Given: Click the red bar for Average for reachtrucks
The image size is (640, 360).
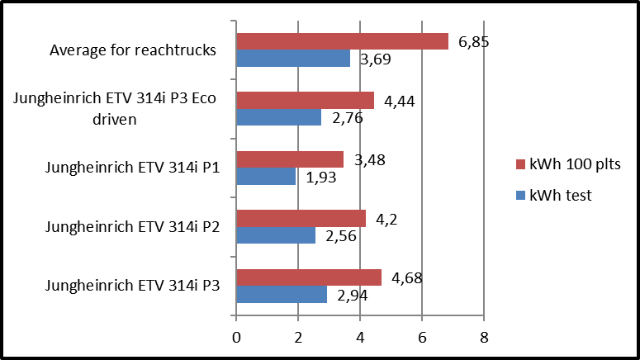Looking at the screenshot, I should [x=342, y=41].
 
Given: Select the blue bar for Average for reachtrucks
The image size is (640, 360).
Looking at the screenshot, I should [x=293, y=59].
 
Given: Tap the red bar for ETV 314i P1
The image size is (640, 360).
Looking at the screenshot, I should [x=290, y=159].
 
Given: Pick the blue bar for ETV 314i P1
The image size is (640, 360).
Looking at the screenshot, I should [x=266, y=177].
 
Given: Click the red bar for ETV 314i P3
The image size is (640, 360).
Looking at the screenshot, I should [x=309, y=277].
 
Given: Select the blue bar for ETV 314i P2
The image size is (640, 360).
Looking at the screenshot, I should [x=276, y=235].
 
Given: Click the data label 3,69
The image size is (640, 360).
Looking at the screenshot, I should [x=372, y=59].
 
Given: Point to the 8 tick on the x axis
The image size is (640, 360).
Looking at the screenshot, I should [x=484, y=337].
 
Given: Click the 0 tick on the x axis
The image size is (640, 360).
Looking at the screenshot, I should [x=237, y=337].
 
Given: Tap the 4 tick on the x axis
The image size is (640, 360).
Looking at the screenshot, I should [x=361, y=337].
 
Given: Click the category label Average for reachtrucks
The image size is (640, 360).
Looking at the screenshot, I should [x=133, y=50].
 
